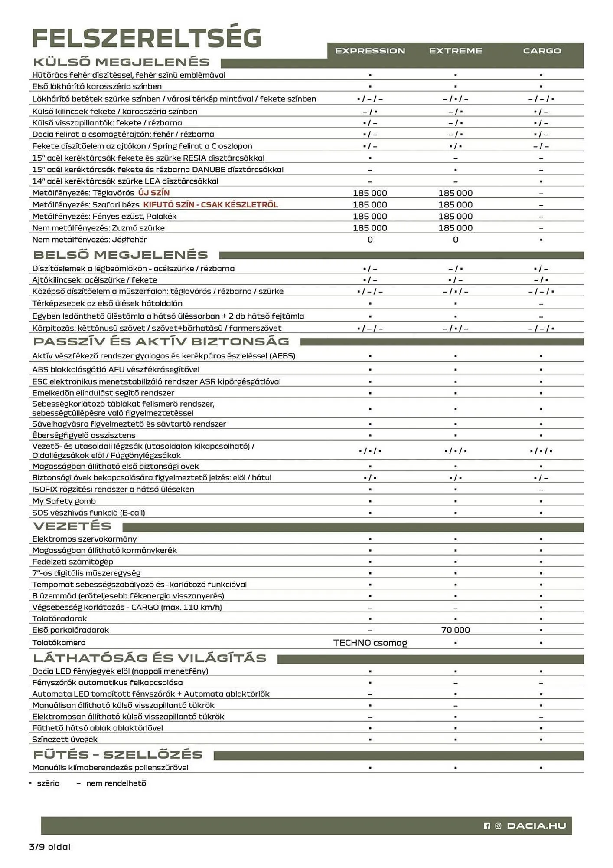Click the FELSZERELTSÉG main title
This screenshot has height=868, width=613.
coord(147,38)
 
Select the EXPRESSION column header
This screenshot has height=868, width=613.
coord(370,51)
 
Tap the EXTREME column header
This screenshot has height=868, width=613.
coord(455,51)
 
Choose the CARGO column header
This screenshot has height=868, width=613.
coord(541,51)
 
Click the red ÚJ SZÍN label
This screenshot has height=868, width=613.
coord(154,193)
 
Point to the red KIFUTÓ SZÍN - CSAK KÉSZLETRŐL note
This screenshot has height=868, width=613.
coord(211,204)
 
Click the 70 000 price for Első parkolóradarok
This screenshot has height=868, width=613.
coord(455,630)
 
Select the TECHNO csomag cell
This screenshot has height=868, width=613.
coord(370,642)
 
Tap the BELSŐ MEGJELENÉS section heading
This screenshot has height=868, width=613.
coord(121,255)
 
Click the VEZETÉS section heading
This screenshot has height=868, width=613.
coord(72,526)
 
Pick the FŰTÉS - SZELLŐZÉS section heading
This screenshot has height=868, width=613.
coord(118,754)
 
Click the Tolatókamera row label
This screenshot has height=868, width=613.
coord(59,642)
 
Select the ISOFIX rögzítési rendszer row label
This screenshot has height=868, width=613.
coord(113,489)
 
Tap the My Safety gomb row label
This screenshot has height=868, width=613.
coord(64,501)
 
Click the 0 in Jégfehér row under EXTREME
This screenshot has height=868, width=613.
coord(455,240)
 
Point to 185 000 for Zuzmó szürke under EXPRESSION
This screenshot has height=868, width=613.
coord(370,228)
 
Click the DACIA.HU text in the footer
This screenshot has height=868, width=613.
coord(536,825)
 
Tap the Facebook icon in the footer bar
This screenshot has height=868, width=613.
coord(487,826)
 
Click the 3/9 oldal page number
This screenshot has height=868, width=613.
coord(50,847)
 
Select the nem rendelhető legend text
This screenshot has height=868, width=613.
coord(116,783)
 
